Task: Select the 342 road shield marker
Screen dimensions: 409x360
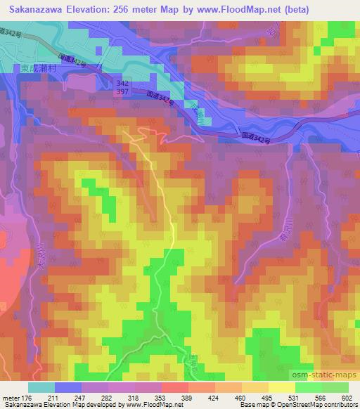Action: [x=123, y=82]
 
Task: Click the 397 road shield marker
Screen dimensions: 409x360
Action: [x=123, y=93]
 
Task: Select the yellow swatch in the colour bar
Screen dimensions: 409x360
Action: [x=281, y=387]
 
